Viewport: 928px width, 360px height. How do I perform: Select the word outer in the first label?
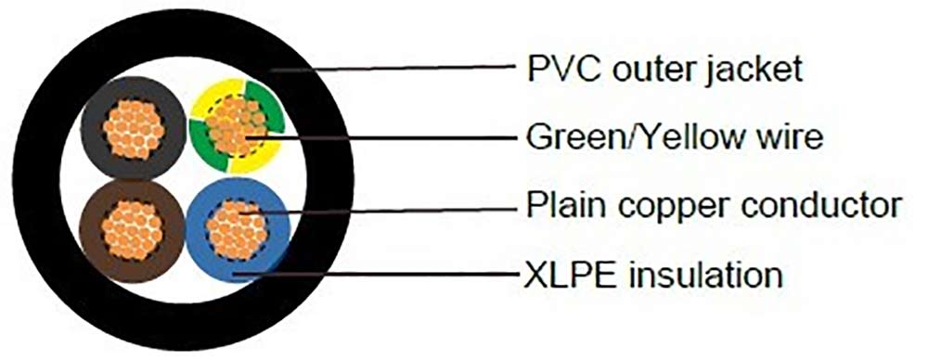650,70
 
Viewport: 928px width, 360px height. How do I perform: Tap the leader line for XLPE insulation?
390,275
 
